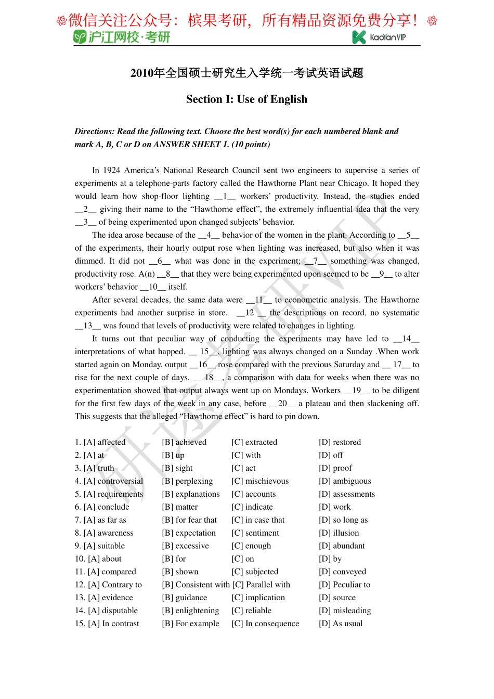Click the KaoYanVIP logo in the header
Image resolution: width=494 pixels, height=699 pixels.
(x=379, y=37)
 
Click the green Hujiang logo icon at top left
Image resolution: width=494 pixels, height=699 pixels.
(x=80, y=37)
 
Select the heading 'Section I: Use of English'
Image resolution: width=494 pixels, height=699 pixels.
(x=246, y=99)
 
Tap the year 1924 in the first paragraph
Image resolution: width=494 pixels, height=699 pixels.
(x=112, y=170)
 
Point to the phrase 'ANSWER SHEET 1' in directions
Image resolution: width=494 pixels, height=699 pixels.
(x=191, y=144)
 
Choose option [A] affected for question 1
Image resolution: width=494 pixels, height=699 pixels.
(x=105, y=442)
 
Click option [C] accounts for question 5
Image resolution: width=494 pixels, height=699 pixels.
(x=254, y=494)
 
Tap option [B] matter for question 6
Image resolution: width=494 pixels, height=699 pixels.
(x=180, y=507)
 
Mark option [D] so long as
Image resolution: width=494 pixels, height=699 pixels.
(x=343, y=520)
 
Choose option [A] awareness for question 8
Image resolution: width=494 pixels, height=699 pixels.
(x=108, y=533)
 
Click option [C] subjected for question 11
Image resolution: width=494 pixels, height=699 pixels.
(x=255, y=572)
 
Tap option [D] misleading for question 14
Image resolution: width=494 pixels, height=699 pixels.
(x=345, y=611)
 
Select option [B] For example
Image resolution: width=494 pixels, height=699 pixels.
(x=191, y=624)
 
